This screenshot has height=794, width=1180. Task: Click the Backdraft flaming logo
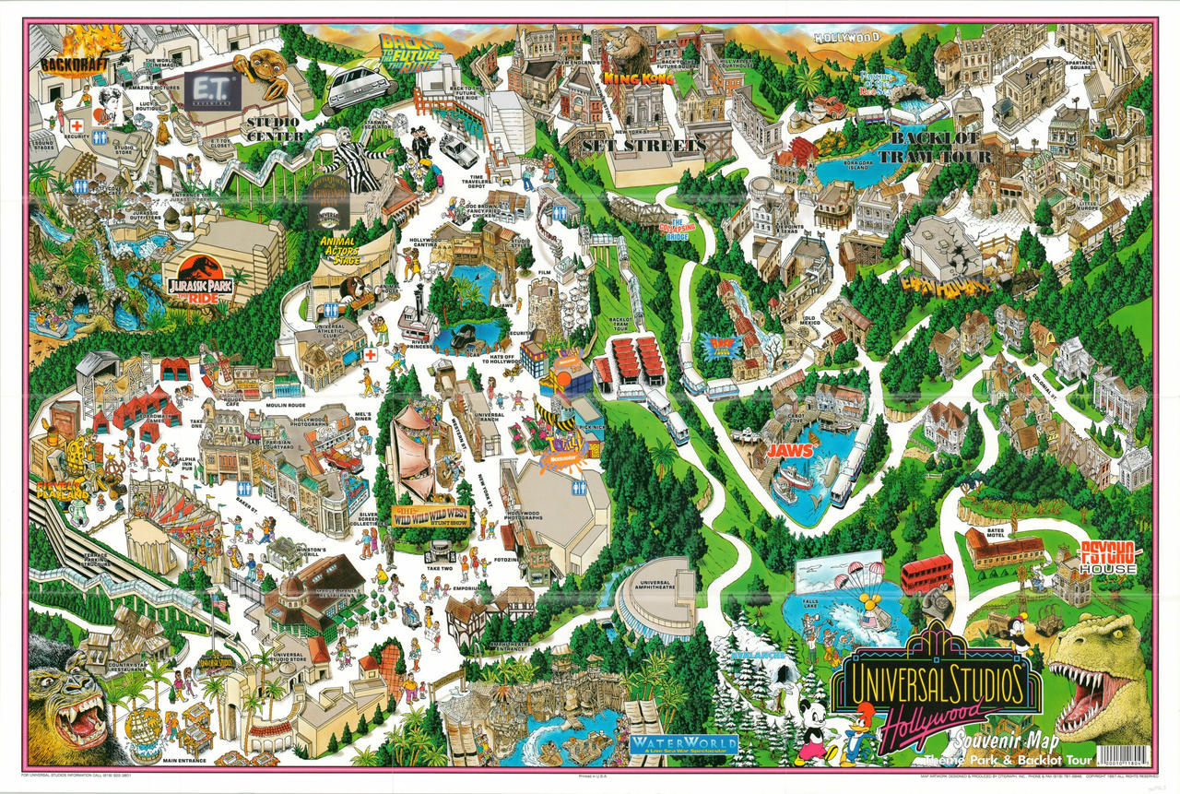[80, 53]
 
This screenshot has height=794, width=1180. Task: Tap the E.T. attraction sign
[213, 90]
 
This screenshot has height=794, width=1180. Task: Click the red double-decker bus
[926, 574]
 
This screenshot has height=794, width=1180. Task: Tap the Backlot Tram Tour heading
[941, 148]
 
